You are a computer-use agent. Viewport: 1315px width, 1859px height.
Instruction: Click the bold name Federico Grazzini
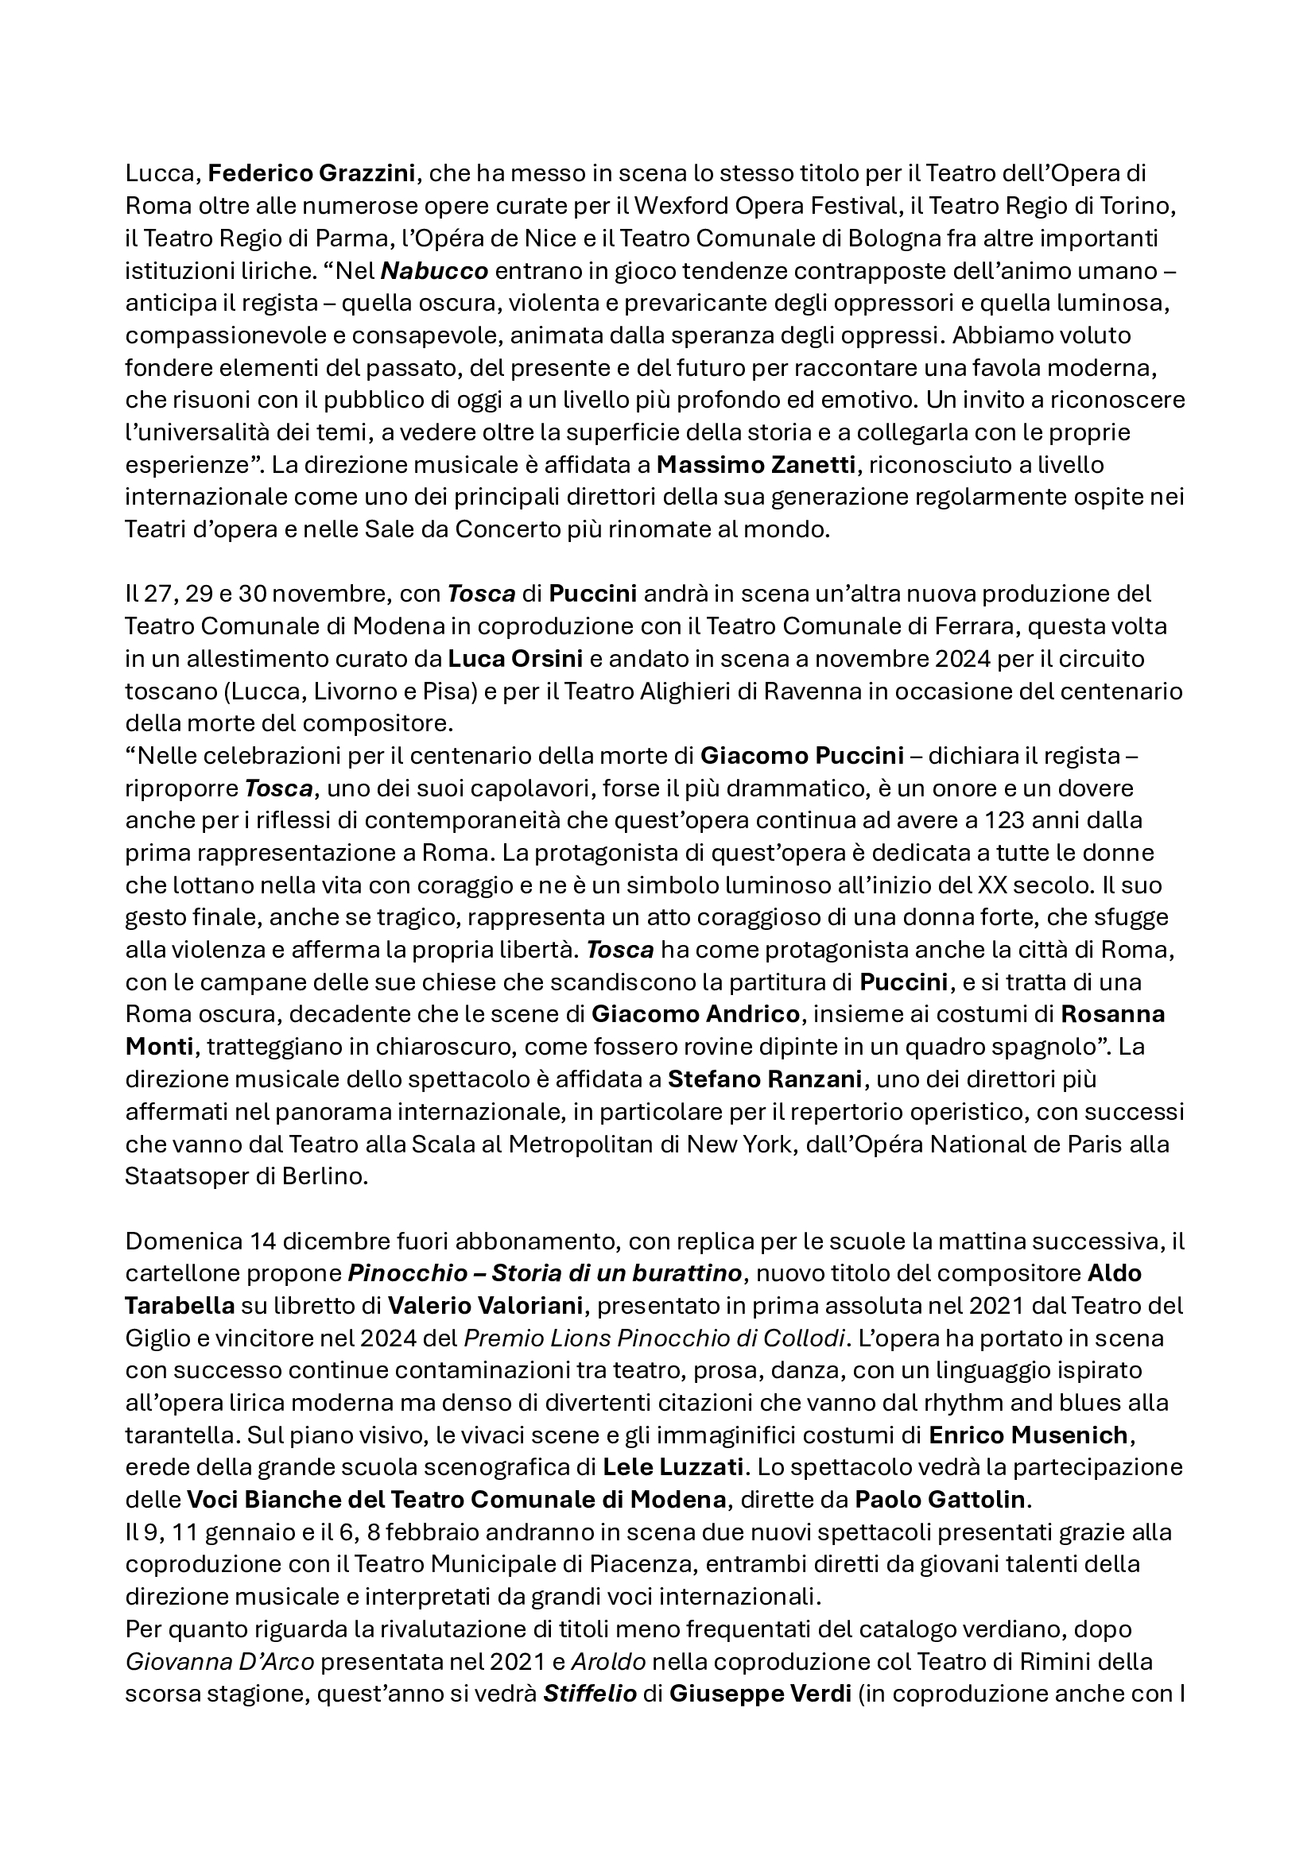coord(312,173)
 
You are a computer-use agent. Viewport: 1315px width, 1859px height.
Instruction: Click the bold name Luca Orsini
coord(516,658)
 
